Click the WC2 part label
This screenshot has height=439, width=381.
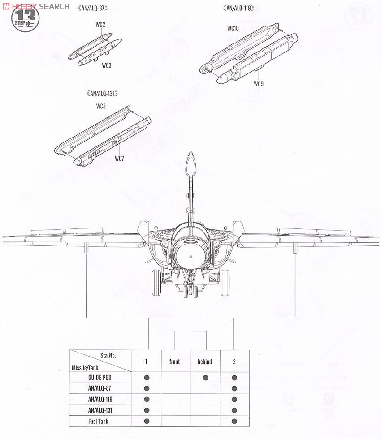(x=100, y=25)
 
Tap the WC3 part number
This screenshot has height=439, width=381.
(x=107, y=65)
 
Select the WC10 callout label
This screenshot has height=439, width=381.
(x=233, y=29)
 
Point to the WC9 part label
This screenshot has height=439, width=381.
(x=259, y=84)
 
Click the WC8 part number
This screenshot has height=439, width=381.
(x=101, y=107)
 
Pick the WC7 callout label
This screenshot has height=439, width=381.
(x=119, y=159)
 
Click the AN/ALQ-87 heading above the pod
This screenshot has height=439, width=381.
(x=93, y=8)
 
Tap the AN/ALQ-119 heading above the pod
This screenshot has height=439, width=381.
(x=238, y=8)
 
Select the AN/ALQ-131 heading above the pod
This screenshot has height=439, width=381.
(x=102, y=94)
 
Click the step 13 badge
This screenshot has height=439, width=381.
(x=25, y=18)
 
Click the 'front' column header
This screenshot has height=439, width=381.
(x=174, y=362)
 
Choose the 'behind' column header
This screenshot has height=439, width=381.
(x=205, y=362)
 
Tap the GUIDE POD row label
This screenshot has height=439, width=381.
(x=100, y=377)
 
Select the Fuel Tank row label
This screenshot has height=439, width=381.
(x=98, y=422)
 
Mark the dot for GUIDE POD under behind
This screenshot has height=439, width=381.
(x=205, y=378)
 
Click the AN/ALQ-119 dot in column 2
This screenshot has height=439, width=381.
(x=234, y=400)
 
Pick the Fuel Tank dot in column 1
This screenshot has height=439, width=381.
(x=147, y=422)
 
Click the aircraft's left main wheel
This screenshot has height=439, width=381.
(x=156, y=283)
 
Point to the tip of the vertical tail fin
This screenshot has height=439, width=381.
(x=191, y=153)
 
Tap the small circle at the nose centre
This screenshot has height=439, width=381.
(x=191, y=256)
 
